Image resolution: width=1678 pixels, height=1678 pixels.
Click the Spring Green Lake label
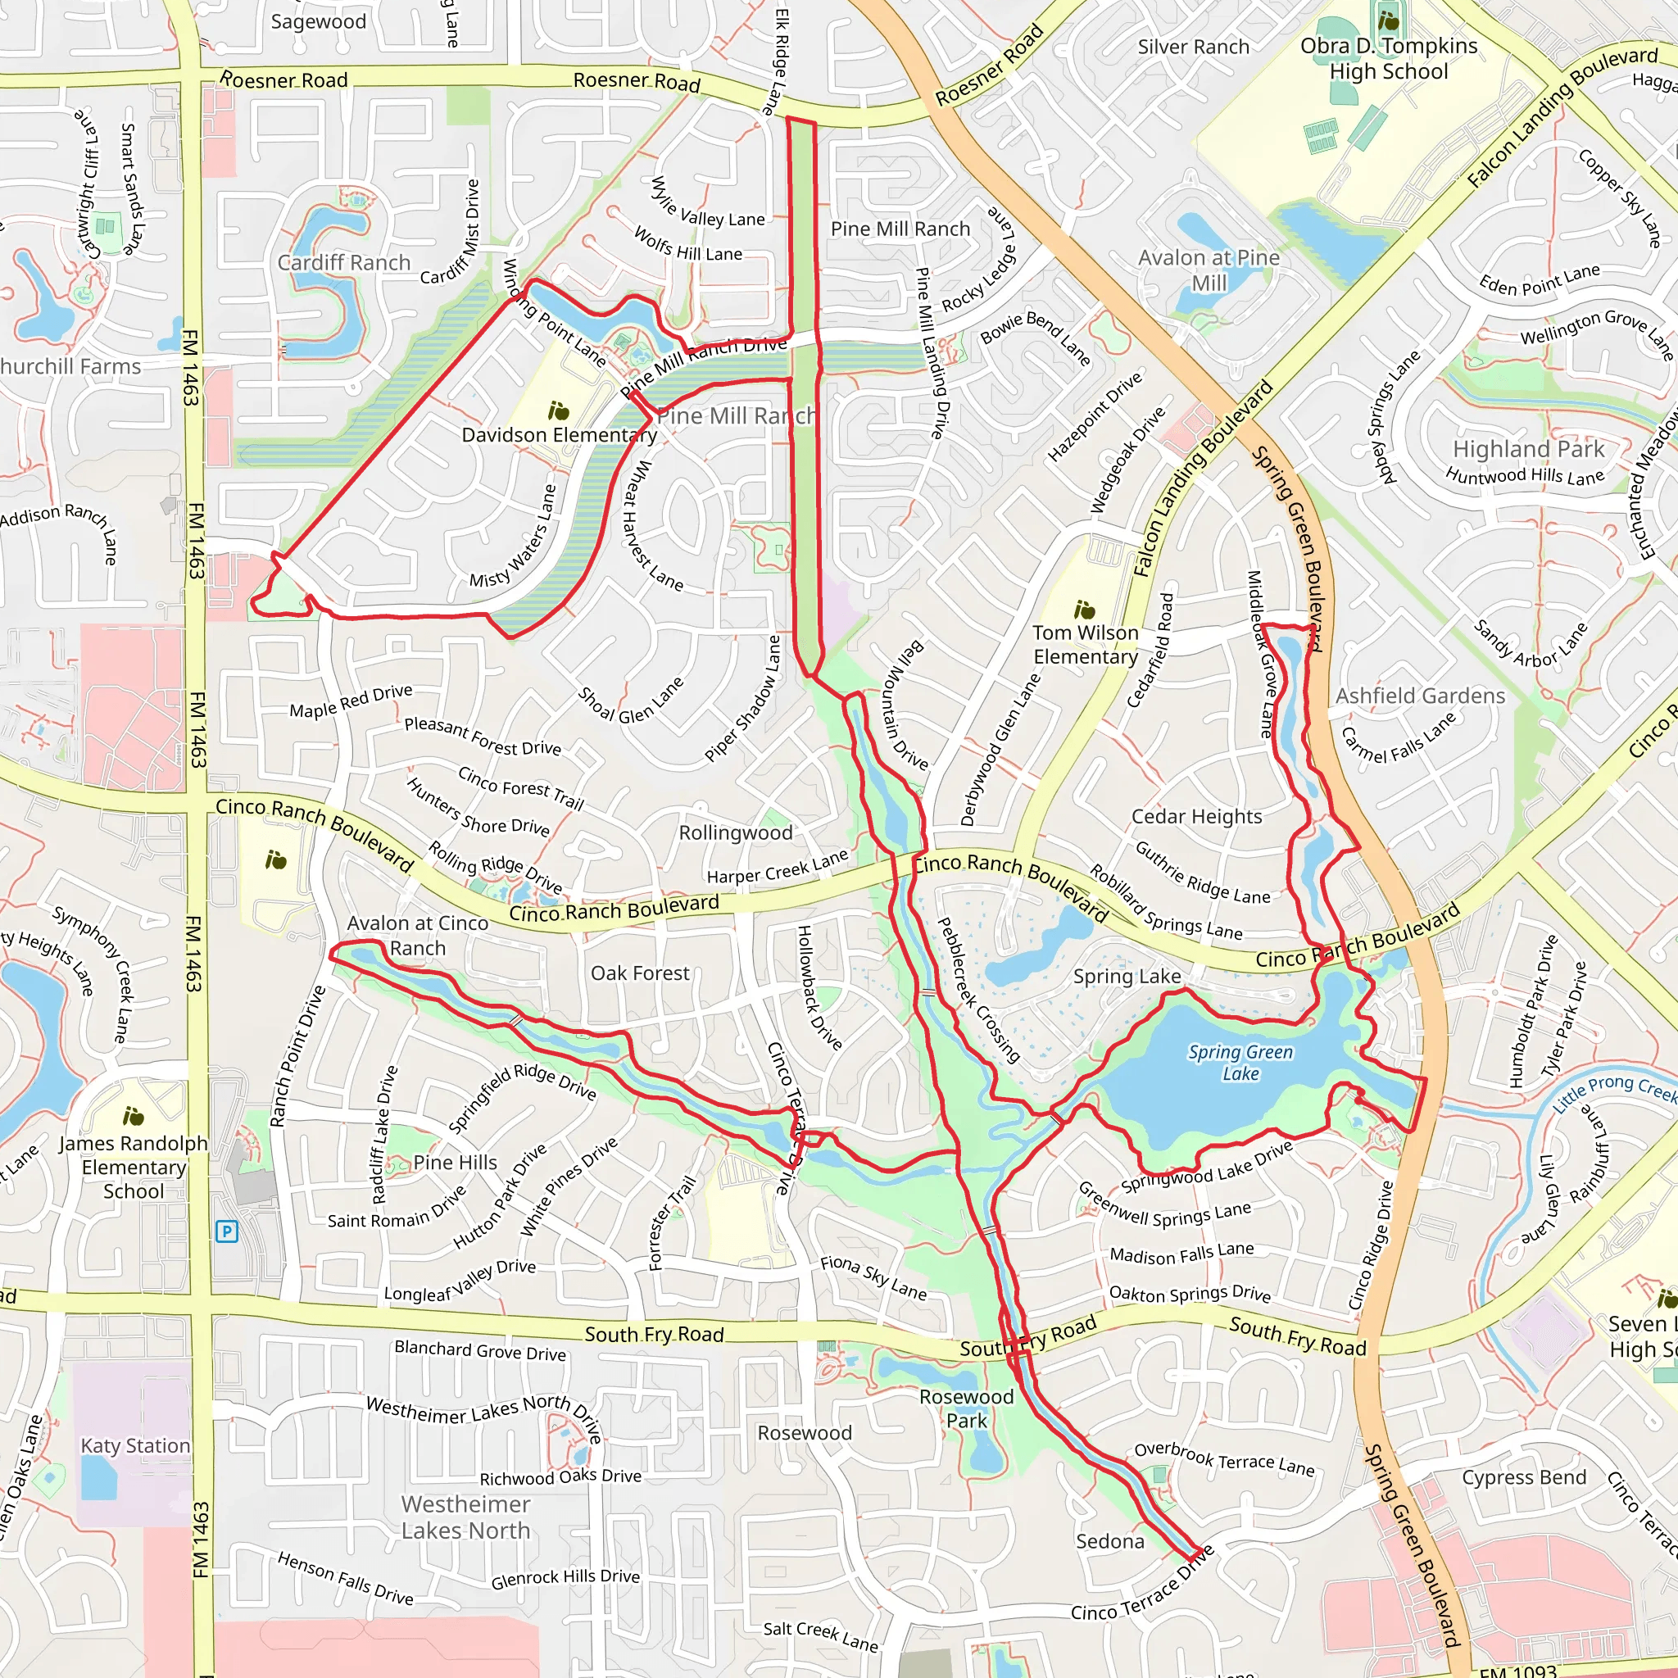[x=1240, y=1062]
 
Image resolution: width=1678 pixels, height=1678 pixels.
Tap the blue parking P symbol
[x=226, y=1231]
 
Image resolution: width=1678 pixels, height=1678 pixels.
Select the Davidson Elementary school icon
[x=559, y=410]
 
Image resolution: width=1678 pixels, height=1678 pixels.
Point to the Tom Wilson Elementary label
[x=1085, y=645]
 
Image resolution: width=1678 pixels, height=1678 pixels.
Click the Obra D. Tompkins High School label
[x=1388, y=59]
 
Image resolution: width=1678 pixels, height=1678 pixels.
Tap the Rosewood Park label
[x=966, y=1408]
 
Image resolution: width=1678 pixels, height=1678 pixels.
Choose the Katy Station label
[x=134, y=1445]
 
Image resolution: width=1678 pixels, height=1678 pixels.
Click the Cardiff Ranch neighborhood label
[x=344, y=262]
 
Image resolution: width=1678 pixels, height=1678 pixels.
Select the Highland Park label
[x=1529, y=449]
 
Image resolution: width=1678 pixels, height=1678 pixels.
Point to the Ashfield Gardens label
[x=1420, y=696]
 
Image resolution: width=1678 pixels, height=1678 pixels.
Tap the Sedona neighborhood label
[x=1110, y=1542]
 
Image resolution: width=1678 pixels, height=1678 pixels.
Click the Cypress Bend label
[x=1523, y=1477]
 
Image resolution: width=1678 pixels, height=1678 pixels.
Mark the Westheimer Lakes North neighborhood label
[x=465, y=1517]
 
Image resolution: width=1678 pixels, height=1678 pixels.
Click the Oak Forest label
[x=640, y=973]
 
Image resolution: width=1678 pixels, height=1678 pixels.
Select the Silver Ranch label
[x=1193, y=47]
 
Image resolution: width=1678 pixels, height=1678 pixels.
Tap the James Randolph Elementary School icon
[x=133, y=1115]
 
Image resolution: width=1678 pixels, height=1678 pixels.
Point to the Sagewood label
[x=318, y=22]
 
